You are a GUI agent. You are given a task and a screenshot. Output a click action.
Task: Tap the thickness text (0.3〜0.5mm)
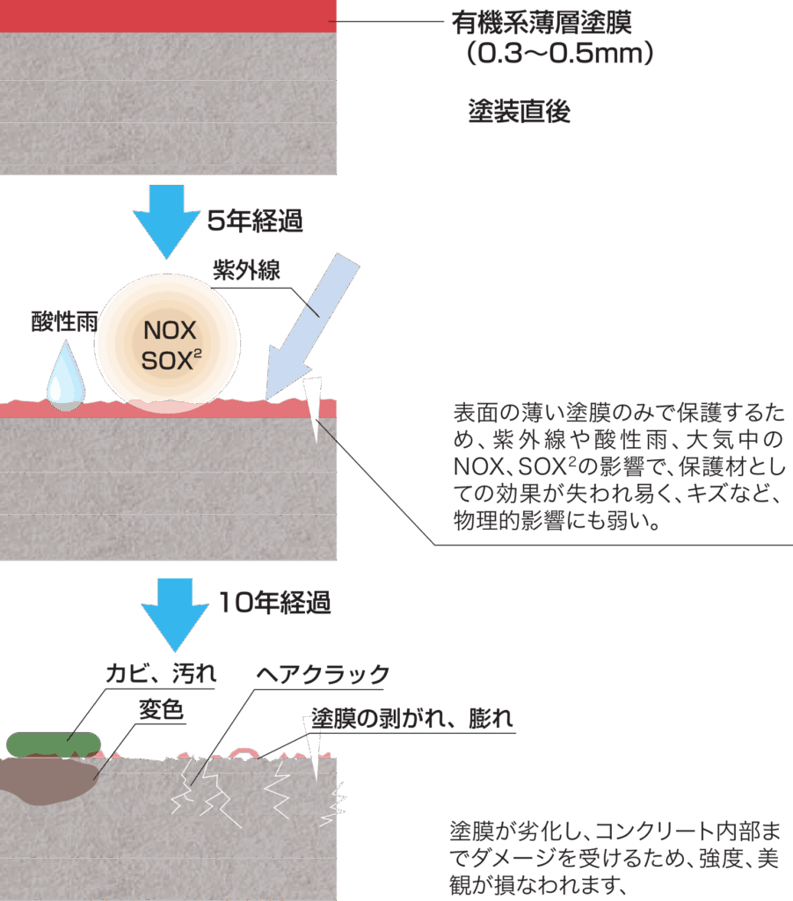[x=559, y=55]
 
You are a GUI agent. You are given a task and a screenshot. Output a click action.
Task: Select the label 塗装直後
[x=519, y=113]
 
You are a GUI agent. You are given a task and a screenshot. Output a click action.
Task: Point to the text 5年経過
[x=255, y=222]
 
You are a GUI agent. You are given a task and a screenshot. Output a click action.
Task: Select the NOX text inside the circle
[x=171, y=331]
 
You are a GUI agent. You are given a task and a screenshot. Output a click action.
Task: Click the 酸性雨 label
[x=64, y=322]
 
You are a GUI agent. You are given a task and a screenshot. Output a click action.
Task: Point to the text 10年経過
[x=273, y=603]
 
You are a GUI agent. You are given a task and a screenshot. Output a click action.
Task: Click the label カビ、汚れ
[x=161, y=674]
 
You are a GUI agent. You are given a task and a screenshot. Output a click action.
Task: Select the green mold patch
[x=53, y=744]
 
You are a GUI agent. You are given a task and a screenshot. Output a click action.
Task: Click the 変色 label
[x=162, y=710]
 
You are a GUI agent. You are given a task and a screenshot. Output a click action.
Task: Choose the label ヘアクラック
[x=323, y=675]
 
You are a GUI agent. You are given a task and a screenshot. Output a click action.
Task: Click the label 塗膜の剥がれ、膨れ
[x=412, y=719]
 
